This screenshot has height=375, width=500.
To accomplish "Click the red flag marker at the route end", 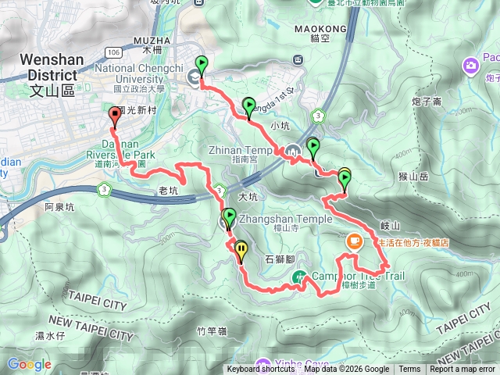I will tap(116, 116).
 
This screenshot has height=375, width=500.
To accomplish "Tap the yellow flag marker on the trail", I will tap(241, 251).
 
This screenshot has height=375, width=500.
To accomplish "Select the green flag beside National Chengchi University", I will tap(202, 66).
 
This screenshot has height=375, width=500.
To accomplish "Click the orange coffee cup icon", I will tap(353, 241).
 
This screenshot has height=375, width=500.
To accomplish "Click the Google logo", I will tap(29, 364).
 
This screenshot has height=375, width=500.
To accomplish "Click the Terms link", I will tap(409, 370).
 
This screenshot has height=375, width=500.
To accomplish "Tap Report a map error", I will tap(463, 370).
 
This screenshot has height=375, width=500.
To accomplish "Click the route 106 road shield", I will tap(113, 52).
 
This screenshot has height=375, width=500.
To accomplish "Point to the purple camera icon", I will tap(470, 65).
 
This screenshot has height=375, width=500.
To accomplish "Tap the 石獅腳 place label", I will tap(279, 258).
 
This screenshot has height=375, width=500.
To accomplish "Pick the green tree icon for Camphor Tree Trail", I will tap(298, 276).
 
